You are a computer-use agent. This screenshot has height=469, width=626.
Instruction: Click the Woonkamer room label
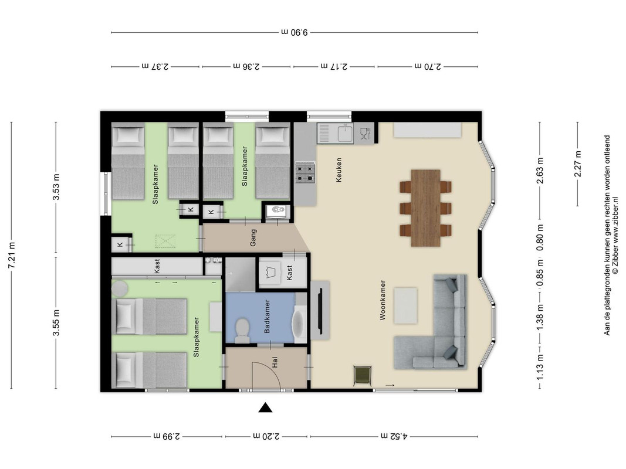click(383, 300)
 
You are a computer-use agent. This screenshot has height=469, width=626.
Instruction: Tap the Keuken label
click(339, 170)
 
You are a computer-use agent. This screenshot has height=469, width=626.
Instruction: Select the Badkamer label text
click(267, 316)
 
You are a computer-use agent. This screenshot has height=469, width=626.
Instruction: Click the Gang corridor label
click(253, 237)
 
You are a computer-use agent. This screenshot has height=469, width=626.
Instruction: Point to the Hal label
click(275, 362)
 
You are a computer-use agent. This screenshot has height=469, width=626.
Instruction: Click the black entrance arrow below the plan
click(265, 407)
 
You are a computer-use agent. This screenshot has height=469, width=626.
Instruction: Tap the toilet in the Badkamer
click(242, 331)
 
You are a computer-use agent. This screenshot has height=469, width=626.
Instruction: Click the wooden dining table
click(425, 208)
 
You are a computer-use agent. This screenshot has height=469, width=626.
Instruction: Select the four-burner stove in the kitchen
click(306, 172)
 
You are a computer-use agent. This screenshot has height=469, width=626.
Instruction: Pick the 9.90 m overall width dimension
click(295, 32)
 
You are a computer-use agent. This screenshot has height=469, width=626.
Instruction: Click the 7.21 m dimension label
click(11, 255)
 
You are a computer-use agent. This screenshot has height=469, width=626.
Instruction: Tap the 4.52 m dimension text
click(394, 436)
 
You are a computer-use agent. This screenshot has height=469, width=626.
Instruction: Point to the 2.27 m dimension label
click(578, 164)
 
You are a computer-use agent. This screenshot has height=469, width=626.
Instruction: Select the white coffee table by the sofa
click(405, 306)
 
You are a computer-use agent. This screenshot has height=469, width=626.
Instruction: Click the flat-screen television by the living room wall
click(319, 311)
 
